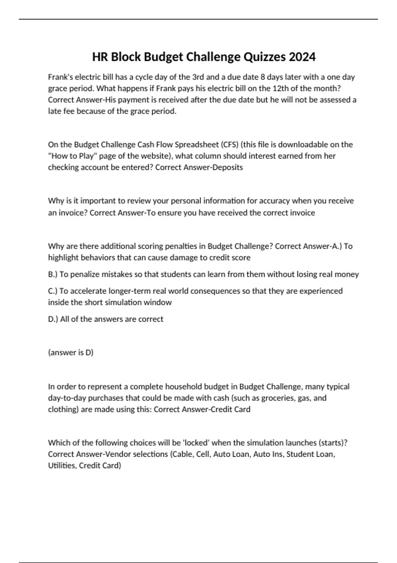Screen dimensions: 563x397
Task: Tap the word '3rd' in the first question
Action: tap(198, 77)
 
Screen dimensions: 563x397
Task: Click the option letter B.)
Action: tap(53, 274)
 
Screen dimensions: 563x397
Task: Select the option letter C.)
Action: tap(53, 291)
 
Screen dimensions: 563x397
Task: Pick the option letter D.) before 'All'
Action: tap(53, 319)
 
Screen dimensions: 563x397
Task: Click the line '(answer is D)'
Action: tap(71, 352)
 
